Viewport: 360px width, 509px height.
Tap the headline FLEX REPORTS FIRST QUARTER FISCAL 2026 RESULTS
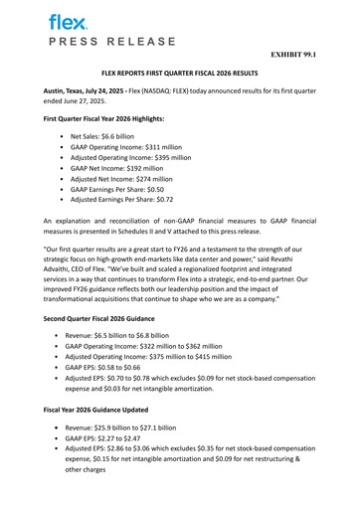[180, 75]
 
